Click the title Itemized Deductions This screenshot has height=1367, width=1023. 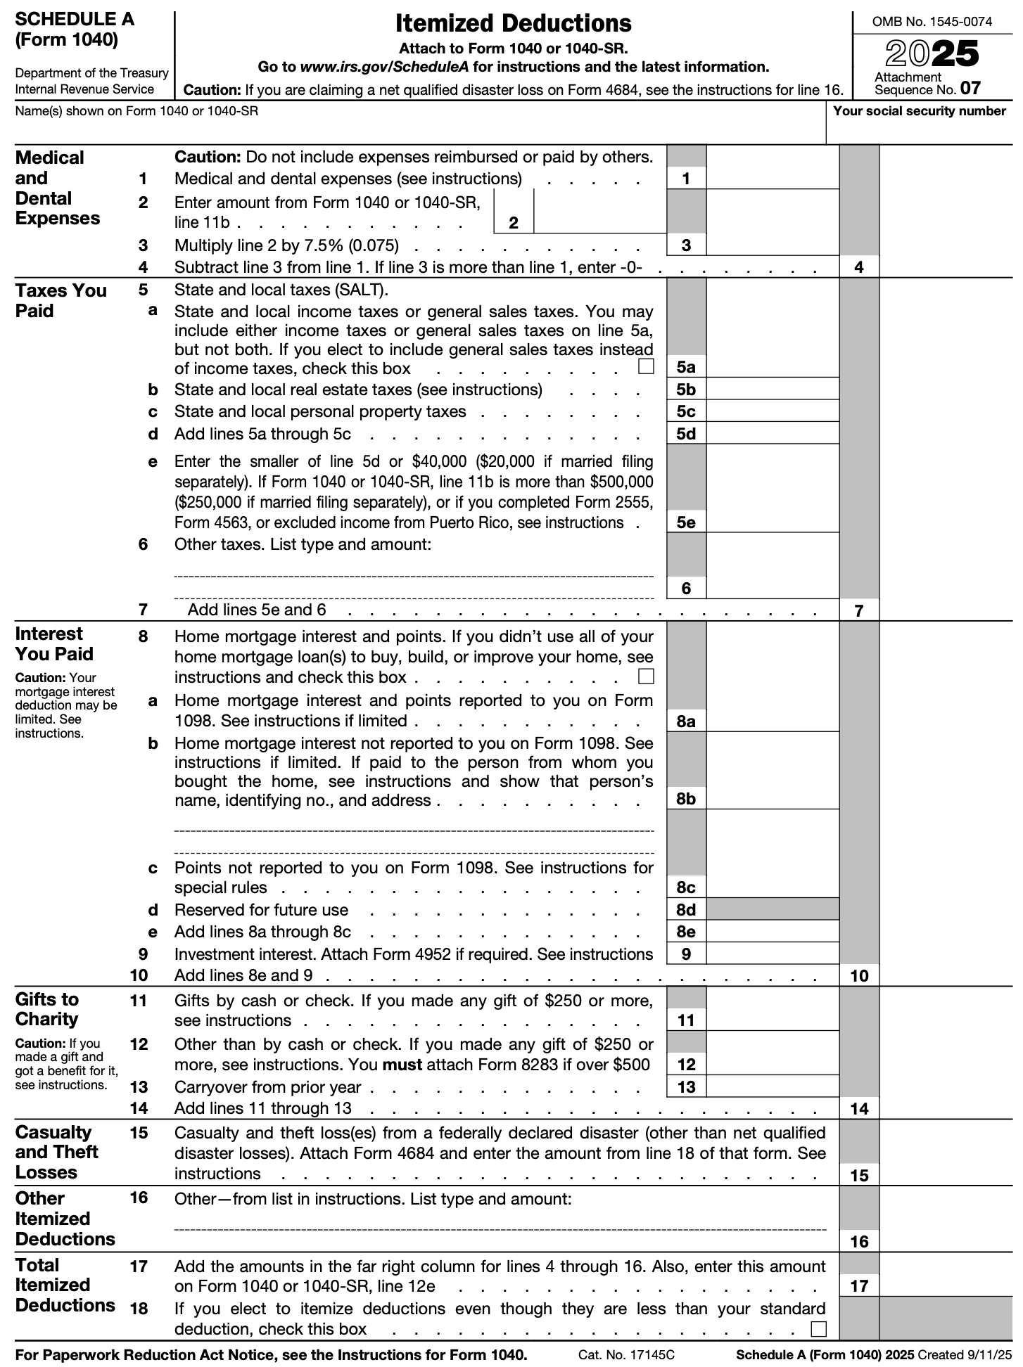[513, 24]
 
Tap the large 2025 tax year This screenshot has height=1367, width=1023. [932, 54]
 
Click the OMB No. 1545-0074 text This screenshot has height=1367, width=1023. [932, 22]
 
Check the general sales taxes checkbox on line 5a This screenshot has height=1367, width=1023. [646, 366]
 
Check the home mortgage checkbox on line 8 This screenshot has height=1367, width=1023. [646, 676]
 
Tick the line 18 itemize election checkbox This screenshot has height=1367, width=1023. [818, 1329]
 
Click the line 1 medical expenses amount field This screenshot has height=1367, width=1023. [772, 178]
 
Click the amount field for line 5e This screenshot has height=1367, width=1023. [772, 522]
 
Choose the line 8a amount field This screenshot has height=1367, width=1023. [772, 721]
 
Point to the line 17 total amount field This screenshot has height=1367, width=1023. [950, 1285]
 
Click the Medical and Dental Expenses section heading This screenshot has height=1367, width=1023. [57, 188]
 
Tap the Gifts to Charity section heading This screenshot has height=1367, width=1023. [47, 1009]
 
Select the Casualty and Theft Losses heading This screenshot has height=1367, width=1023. [56, 1152]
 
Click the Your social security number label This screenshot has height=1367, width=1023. [919, 111]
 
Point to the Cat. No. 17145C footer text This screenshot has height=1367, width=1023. [626, 1354]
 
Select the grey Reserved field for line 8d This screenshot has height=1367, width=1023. [772, 909]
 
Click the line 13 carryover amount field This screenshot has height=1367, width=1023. [772, 1086]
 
